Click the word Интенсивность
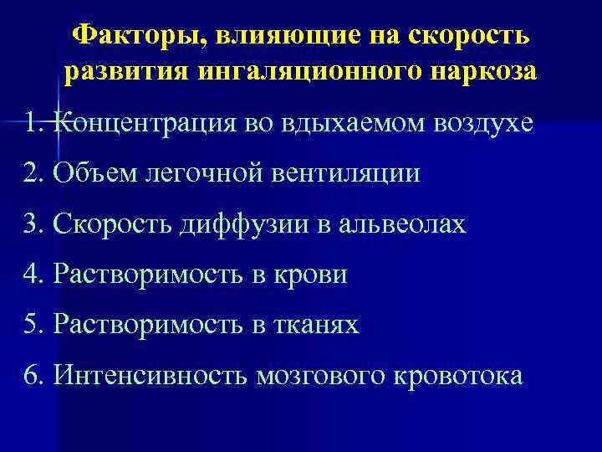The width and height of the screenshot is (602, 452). click(149, 374)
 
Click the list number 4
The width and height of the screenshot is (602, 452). click(34, 274)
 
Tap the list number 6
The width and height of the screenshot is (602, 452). click(34, 374)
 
